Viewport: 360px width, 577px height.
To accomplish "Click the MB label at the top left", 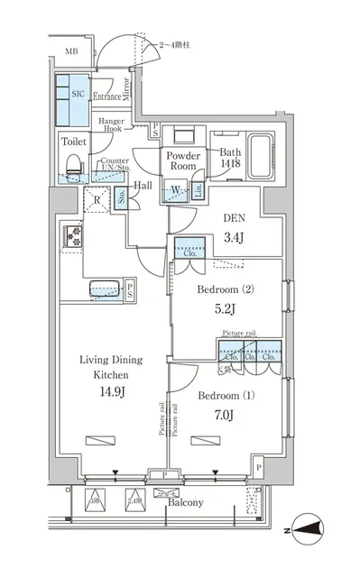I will [69, 53].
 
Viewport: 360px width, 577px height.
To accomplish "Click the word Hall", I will [143, 186].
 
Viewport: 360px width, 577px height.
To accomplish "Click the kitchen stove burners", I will [73, 237].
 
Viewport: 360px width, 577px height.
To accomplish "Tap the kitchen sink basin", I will [106, 288].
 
